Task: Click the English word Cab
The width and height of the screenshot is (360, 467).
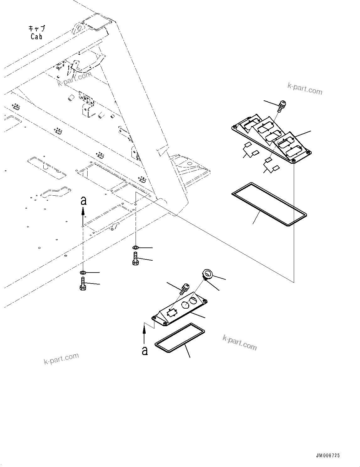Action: (x=36, y=36)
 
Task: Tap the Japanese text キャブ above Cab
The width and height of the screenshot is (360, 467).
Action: (x=37, y=29)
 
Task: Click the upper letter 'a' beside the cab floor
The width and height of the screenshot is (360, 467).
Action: (x=83, y=201)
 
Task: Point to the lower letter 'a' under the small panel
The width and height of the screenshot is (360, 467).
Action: (x=144, y=350)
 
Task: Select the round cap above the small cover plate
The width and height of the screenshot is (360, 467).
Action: (x=208, y=274)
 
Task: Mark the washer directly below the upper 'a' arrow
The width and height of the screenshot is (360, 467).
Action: (x=83, y=272)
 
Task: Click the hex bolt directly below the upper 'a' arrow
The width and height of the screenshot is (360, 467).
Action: (x=83, y=284)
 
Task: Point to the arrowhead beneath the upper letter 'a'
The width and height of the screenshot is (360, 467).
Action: (x=83, y=212)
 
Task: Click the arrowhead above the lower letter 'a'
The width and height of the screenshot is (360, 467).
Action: (x=144, y=329)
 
